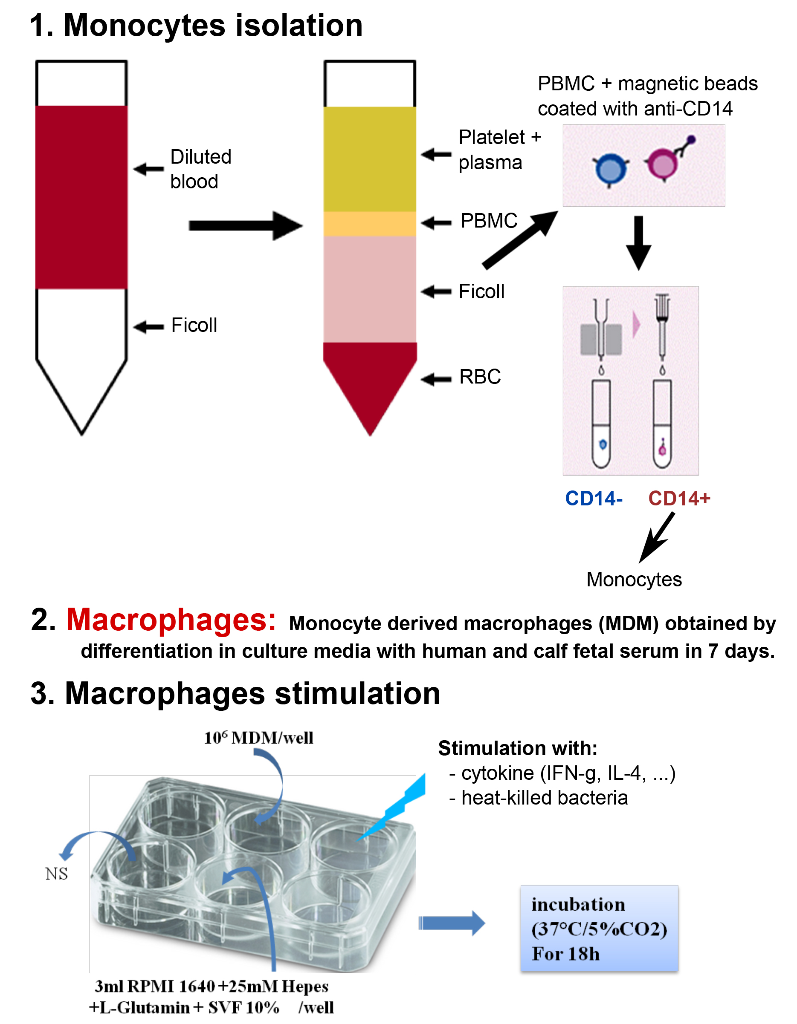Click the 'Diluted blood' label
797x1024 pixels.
[x=201, y=169]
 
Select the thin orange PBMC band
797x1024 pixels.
[x=370, y=224]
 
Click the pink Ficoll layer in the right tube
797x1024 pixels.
[x=370, y=288]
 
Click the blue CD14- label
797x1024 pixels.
[x=594, y=499]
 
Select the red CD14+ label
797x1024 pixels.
[x=679, y=499]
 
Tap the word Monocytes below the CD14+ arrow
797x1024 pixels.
[x=634, y=580]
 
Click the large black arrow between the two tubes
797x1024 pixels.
[x=245, y=225]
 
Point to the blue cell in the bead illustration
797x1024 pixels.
[x=611, y=170]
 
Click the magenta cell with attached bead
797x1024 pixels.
[x=663, y=164]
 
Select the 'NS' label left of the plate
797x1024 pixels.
[x=56, y=874]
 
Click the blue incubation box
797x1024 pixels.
[x=599, y=929]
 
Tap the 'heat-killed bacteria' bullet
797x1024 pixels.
[x=544, y=798]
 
